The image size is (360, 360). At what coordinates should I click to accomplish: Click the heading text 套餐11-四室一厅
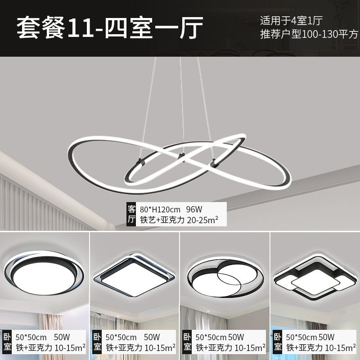point(110,27)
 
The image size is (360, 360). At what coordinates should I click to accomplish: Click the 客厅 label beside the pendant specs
point(132,214)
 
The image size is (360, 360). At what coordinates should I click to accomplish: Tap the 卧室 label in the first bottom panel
point(7,342)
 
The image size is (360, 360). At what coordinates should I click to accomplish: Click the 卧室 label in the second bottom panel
point(97,342)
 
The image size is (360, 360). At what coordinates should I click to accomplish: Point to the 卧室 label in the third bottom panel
point(187,342)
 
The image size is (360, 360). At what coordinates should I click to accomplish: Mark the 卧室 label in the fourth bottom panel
point(278,342)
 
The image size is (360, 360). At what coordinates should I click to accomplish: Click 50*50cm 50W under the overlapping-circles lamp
point(220,337)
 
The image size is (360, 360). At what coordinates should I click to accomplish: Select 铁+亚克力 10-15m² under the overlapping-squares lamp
point(321,347)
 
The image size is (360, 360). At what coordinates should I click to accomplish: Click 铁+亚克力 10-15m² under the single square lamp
point(140,347)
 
